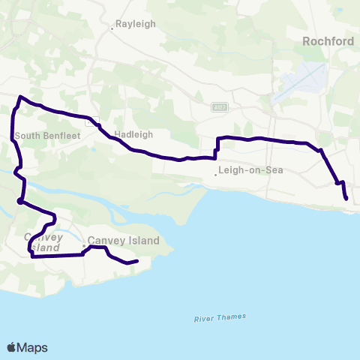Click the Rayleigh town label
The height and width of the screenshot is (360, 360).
(x=136, y=24)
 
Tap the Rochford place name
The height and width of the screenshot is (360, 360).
(x=327, y=41)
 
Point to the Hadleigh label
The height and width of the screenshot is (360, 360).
(x=134, y=134)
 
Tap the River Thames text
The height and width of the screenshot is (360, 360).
(x=220, y=317)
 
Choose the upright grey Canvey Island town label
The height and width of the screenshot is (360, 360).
(x=124, y=241)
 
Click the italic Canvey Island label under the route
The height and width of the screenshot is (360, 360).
(x=42, y=241)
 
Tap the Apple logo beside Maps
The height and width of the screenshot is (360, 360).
(x=12, y=347)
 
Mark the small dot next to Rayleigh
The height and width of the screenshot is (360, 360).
(x=112, y=28)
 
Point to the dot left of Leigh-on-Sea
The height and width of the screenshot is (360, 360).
(x=216, y=175)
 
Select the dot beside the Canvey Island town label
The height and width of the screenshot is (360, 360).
(x=84, y=244)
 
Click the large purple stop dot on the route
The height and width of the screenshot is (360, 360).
(x=19, y=201)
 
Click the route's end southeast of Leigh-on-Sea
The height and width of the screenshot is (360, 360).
(x=346, y=198)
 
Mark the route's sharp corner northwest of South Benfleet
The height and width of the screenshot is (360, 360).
(x=20, y=97)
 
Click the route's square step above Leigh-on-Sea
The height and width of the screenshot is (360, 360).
(x=216, y=148)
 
